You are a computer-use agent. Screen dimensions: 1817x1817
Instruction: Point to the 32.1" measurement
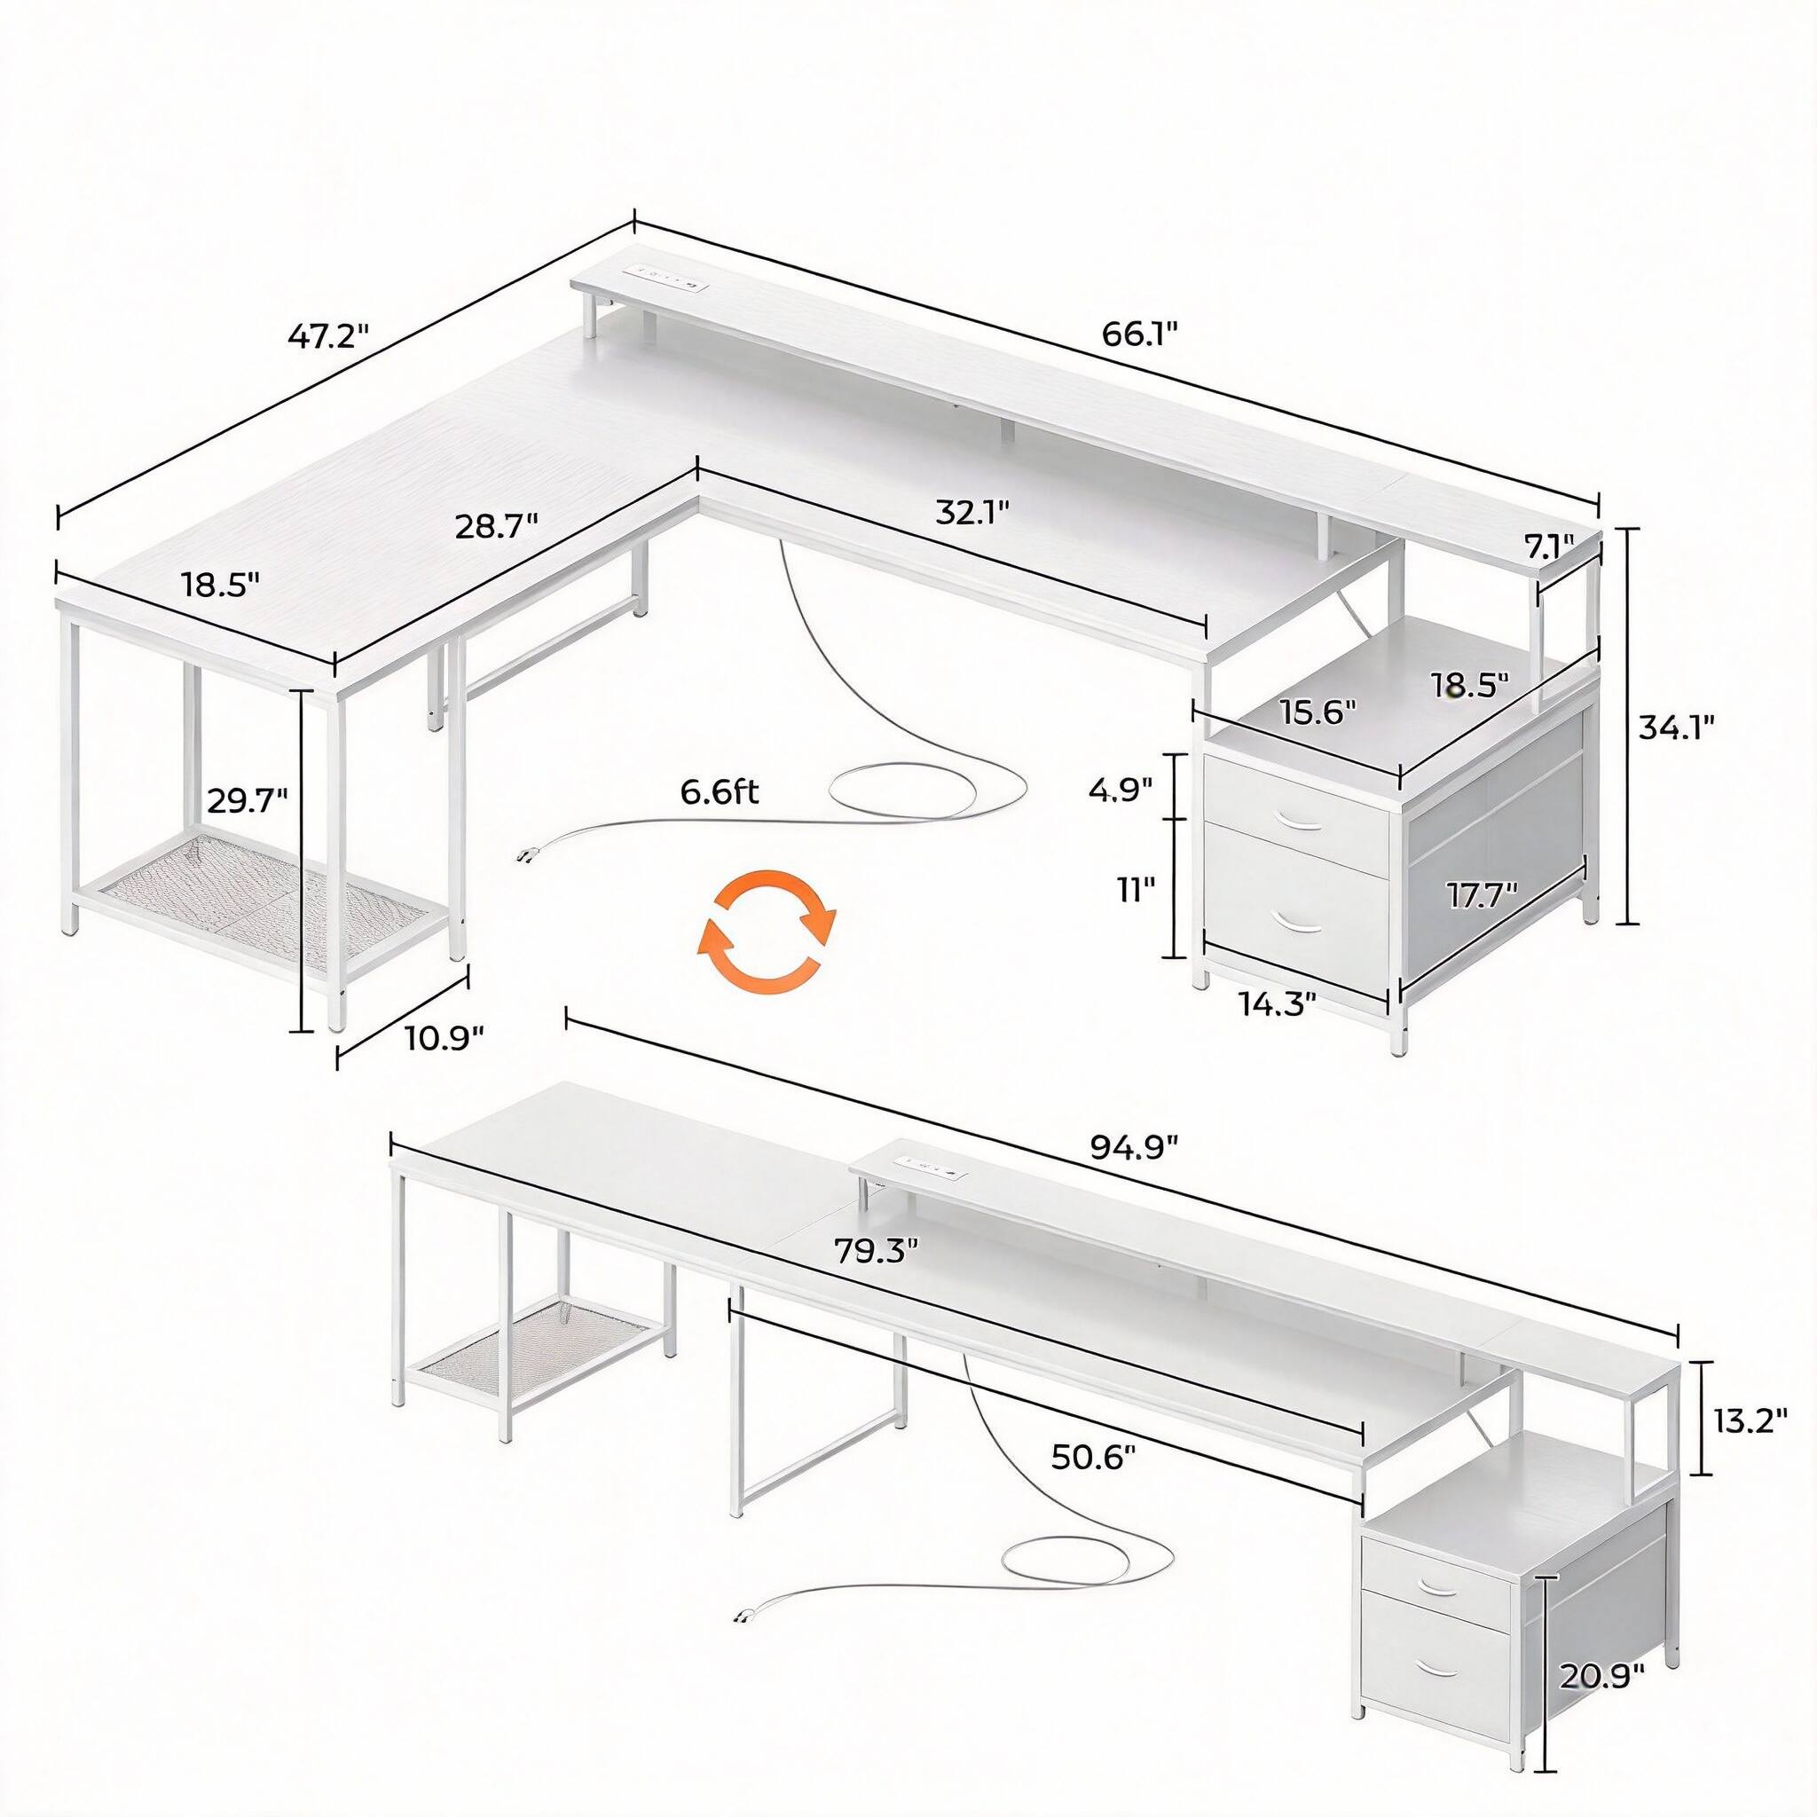(972, 512)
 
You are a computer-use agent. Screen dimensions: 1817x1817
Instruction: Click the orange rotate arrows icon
(766, 928)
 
